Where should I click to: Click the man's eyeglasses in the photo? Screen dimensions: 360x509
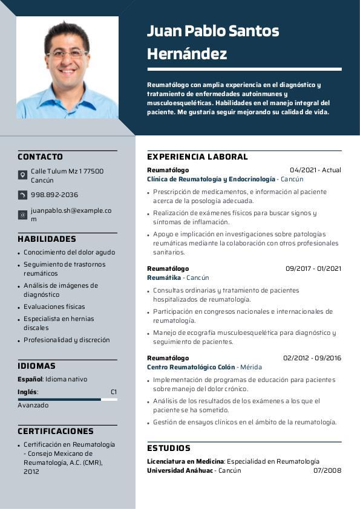(67, 54)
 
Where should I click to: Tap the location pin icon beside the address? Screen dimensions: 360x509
(22, 175)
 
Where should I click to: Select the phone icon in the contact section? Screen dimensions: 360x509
(22, 195)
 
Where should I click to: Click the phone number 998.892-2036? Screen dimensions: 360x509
(54, 195)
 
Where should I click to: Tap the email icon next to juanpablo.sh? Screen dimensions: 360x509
(22, 215)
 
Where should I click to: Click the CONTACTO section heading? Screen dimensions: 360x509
(40, 157)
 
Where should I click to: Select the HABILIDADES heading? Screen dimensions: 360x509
(47, 239)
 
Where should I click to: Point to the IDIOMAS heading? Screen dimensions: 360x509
(36, 366)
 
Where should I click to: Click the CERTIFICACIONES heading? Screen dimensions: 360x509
(56, 431)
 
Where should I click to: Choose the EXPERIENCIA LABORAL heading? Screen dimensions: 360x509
(197, 157)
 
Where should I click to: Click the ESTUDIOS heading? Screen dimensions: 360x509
(169, 448)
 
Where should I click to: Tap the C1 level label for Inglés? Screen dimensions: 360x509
(113, 392)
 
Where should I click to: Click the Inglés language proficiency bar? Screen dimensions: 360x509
(67, 400)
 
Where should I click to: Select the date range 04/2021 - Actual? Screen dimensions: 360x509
(315, 170)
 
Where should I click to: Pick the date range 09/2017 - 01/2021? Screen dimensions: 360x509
(313, 268)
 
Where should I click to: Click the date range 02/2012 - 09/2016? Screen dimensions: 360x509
(312, 358)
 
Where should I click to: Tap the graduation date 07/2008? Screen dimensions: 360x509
(327, 470)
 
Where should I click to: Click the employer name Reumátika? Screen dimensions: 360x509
(164, 277)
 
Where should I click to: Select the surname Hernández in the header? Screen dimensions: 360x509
(187, 54)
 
